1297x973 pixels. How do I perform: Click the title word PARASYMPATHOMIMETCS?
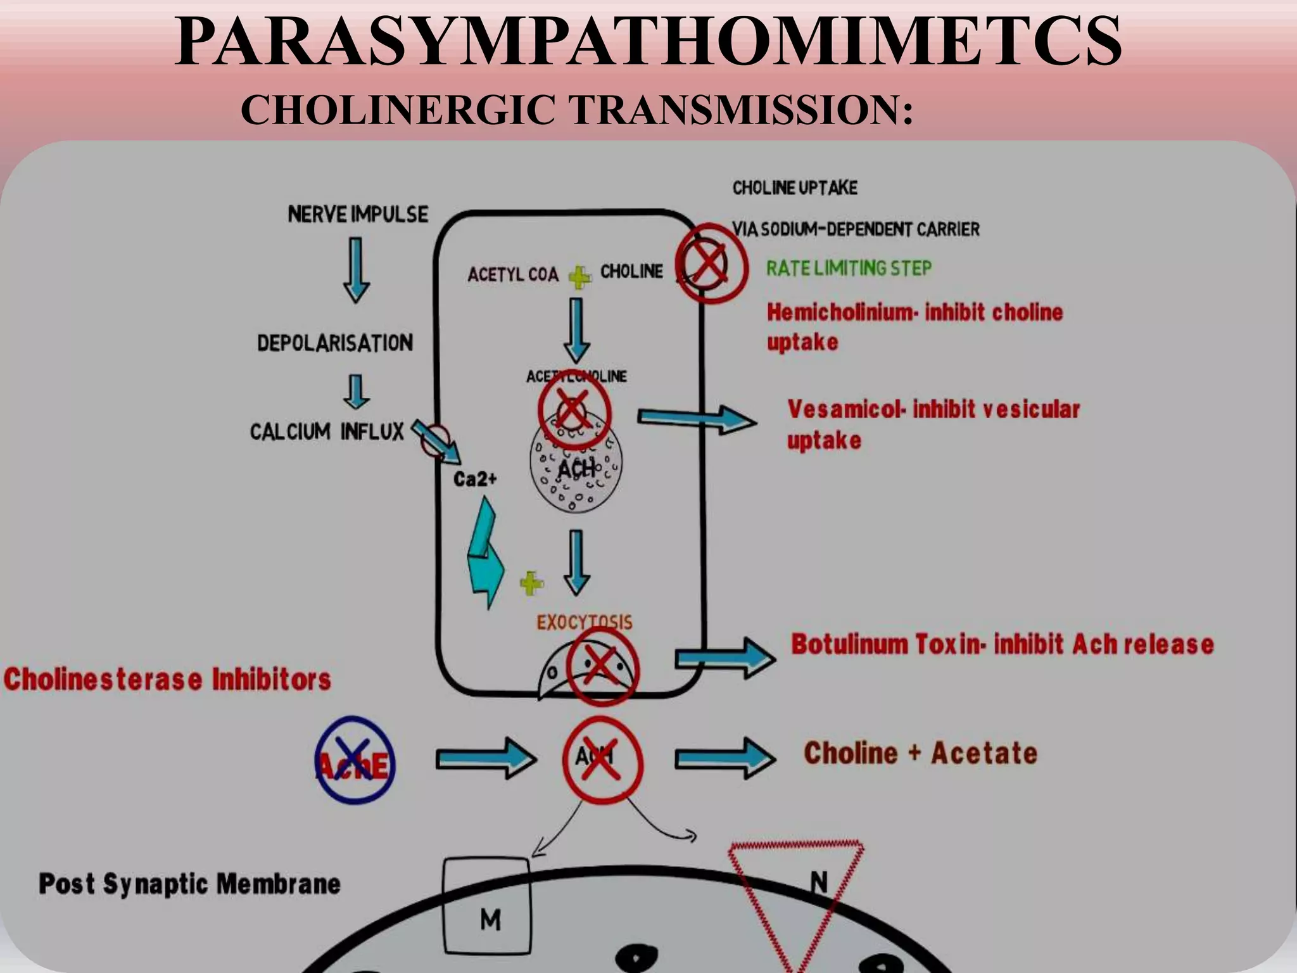(x=647, y=42)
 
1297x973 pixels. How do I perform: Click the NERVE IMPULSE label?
(x=358, y=214)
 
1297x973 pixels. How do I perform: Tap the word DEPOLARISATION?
(x=335, y=343)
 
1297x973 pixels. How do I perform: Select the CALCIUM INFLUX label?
(x=327, y=432)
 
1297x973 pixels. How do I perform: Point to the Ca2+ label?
(x=475, y=479)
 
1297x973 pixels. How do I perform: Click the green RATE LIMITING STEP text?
(x=849, y=268)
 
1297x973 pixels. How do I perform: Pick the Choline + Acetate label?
(x=920, y=754)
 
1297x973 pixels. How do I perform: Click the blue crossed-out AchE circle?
(x=355, y=760)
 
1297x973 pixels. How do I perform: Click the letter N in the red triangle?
(x=819, y=881)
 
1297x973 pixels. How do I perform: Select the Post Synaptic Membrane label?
(x=189, y=884)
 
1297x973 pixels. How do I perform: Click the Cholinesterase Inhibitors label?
(x=167, y=679)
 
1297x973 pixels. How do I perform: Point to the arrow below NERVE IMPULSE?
(x=357, y=269)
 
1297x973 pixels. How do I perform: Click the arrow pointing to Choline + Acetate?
(x=724, y=758)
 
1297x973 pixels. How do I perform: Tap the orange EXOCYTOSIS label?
(x=584, y=622)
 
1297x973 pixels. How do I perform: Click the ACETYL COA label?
(x=513, y=275)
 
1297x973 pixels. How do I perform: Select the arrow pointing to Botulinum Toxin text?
(x=724, y=658)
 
